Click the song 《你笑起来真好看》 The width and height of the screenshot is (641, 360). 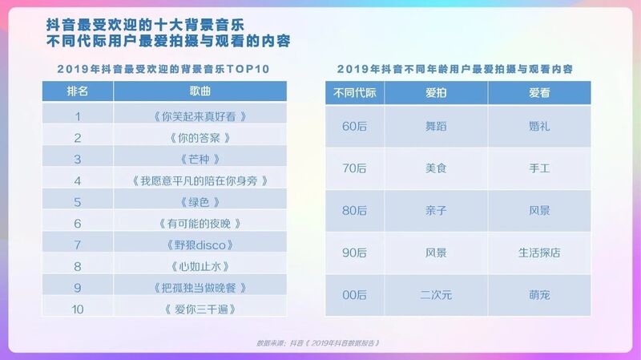[x=200, y=116]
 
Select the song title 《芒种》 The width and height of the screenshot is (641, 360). [x=200, y=159]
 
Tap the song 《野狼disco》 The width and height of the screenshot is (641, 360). [x=200, y=245]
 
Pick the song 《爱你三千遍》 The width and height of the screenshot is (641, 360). [x=200, y=309]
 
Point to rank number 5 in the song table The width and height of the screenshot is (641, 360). [x=78, y=202]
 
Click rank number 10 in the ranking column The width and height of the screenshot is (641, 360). [x=78, y=309]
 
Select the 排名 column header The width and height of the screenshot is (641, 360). [x=78, y=91]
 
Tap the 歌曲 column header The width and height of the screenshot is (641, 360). [x=200, y=91]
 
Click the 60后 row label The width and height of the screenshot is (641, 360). [x=354, y=127]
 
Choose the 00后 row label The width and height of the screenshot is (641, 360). [x=354, y=295]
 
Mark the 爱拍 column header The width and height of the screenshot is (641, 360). [x=436, y=93]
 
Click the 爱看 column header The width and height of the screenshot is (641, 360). [x=539, y=93]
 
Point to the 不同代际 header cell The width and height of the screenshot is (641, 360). [x=354, y=93]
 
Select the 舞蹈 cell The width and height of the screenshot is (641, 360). [x=436, y=127]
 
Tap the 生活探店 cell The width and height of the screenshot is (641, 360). [x=539, y=253]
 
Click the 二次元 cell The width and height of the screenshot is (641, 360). [x=436, y=295]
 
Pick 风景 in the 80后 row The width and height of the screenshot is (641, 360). [x=539, y=211]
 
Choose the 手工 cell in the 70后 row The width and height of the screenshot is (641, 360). [x=539, y=168]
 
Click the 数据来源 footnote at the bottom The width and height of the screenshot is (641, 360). [x=318, y=343]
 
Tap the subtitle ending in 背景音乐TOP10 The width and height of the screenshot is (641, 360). [x=163, y=69]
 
